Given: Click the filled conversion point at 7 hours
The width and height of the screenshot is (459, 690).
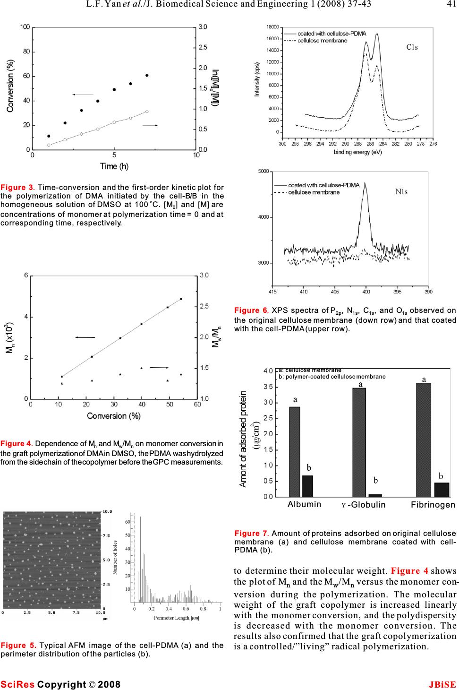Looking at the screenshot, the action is pos(147,76).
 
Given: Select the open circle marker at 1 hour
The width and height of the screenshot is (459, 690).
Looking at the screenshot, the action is pos(49,145).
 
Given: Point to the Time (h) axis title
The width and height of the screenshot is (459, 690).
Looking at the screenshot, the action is pos(114,166).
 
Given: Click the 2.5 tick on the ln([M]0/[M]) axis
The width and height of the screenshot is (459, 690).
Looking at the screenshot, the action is pos(203,47).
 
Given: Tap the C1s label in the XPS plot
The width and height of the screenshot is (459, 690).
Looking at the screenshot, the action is pos(412,47).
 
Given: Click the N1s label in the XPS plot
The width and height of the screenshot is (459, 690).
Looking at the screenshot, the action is pos(401,191).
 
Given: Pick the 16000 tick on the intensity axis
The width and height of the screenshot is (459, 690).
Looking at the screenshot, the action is pos(272,39).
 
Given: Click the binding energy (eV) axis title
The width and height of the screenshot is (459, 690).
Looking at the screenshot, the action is pos(358,152).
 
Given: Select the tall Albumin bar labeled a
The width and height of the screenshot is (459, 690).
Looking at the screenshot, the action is pos(295,452).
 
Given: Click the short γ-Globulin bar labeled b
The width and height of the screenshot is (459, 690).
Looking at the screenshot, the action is pos(375,495).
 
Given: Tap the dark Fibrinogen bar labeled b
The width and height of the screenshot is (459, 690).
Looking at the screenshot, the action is pos(442,490).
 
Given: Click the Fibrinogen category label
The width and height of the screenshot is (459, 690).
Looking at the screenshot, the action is pos(433,505).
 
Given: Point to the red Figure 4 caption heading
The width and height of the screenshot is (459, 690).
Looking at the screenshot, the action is pos(17,444).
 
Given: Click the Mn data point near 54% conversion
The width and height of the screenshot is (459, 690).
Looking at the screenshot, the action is pos(181,299).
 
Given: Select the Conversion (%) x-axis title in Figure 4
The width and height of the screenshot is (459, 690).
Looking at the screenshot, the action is pos(114,416).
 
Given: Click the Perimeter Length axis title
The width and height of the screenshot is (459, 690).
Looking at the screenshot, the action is pos(177,618).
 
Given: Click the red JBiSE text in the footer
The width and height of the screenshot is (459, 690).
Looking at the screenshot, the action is pos(442,684).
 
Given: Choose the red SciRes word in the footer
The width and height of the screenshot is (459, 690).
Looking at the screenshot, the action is pos(17,684).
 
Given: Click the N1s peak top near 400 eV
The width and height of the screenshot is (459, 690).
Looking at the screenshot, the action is pos(365,183).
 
